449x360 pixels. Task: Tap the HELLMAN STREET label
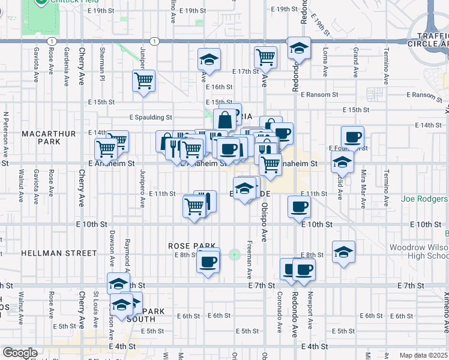[59, 253]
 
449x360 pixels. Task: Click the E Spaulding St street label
[151, 118]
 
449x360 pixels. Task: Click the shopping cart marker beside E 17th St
[265, 58]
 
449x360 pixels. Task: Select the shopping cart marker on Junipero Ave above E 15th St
[144, 80]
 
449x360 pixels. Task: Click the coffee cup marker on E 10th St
[299, 208]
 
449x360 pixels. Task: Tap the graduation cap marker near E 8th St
[343, 252]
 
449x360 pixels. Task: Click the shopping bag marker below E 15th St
[225, 120]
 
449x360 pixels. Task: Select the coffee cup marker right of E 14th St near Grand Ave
[352, 137]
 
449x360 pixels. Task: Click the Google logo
[19, 353]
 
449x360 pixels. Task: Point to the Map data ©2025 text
[423, 355]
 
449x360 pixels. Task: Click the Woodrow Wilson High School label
[419, 252]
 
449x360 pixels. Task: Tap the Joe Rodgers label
[425, 199]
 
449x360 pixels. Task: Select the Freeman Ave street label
[249, 260]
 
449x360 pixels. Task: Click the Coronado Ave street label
[280, 306]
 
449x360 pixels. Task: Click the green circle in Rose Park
[234, 254]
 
